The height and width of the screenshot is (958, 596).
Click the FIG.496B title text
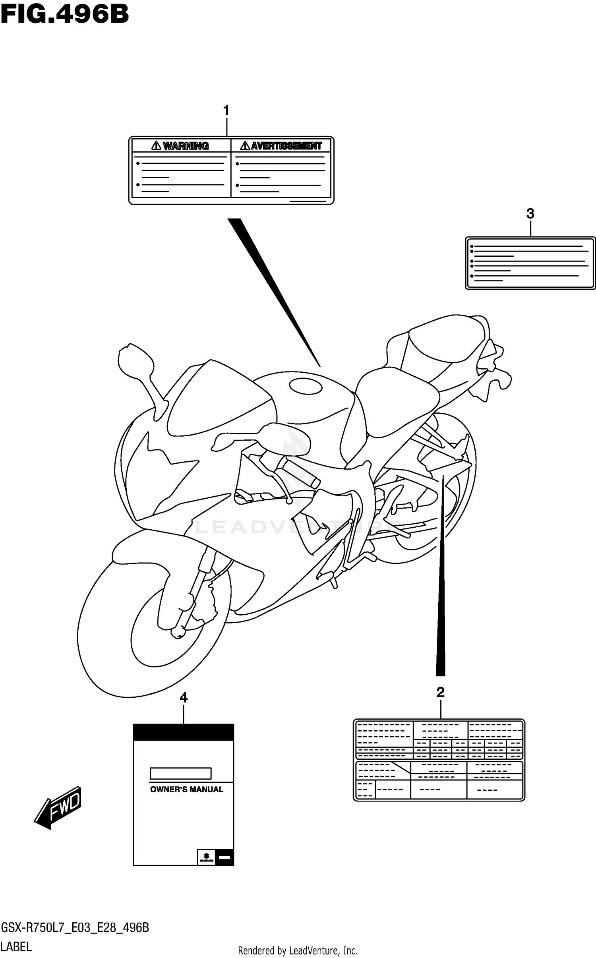click(65, 15)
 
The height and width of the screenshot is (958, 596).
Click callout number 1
click(226, 111)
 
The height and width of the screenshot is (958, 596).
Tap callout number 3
click(530, 214)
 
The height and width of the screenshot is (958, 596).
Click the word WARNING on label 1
click(186, 146)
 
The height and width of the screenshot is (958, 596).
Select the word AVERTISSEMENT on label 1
click(286, 146)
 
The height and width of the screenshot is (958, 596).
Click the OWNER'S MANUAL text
click(186, 790)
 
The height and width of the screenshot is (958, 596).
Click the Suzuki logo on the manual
click(206, 857)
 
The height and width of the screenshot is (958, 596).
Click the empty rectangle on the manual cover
click(180, 773)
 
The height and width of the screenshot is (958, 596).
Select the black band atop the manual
click(183, 732)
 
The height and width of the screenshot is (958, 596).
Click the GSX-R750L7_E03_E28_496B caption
click(75, 927)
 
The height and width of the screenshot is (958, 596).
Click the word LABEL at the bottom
click(16, 947)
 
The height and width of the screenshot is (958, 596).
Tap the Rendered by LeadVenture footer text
click(298, 950)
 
